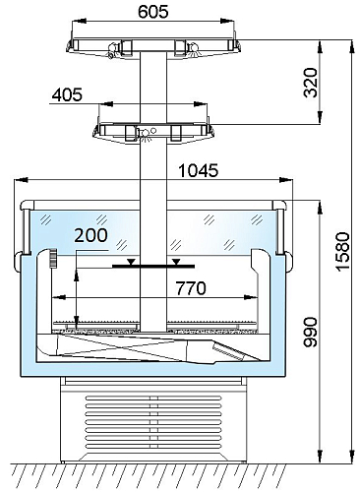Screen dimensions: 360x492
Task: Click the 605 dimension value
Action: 153,12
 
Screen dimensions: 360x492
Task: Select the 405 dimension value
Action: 68,95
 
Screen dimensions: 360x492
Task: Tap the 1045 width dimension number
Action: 199,170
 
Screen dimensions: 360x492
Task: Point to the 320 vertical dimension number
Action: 311,83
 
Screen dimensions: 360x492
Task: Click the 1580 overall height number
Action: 343,252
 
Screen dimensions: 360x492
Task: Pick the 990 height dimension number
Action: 311,332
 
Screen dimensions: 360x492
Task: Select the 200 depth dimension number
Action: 90,235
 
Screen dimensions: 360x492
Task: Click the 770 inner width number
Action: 191,288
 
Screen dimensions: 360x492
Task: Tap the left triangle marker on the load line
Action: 131,262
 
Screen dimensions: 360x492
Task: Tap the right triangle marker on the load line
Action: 176,262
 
